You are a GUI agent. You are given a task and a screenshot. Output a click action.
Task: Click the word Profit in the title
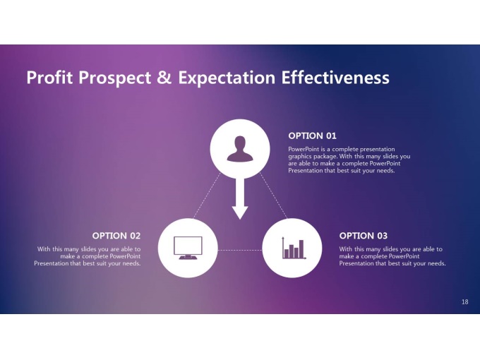click(x=49, y=77)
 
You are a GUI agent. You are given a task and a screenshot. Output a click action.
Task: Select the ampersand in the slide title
click(x=164, y=77)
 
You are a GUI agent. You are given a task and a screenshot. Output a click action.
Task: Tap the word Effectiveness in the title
click(x=335, y=77)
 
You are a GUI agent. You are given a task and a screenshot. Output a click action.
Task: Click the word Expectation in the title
click(x=227, y=78)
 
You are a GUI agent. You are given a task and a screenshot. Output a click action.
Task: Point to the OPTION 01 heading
click(x=312, y=136)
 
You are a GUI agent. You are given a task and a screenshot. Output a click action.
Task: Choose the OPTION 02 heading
click(x=116, y=236)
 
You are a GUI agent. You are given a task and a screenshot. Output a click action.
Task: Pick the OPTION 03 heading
click(x=363, y=236)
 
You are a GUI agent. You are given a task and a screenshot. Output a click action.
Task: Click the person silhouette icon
click(x=240, y=149)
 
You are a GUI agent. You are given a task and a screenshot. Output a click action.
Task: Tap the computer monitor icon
click(x=188, y=248)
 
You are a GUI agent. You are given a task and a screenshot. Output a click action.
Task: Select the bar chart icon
click(x=294, y=248)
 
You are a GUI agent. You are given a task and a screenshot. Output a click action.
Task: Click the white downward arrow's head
click(x=240, y=212)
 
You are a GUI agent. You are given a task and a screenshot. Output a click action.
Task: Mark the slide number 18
click(x=464, y=302)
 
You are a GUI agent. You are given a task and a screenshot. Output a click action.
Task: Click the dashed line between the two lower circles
click(x=240, y=250)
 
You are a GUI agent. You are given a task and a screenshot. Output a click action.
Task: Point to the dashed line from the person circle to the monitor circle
click(x=207, y=196)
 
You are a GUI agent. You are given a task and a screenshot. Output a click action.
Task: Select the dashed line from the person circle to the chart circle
click(x=274, y=196)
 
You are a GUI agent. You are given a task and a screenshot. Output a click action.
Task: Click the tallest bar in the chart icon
click(x=301, y=249)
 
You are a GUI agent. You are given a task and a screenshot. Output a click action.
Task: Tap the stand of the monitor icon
click(x=188, y=257)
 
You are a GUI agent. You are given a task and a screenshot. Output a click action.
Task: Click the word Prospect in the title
click(x=115, y=78)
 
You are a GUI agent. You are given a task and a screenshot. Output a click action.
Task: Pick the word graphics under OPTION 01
click(x=300, y=157)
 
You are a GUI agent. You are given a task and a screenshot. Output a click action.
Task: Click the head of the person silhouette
click(x=240, y=143)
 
